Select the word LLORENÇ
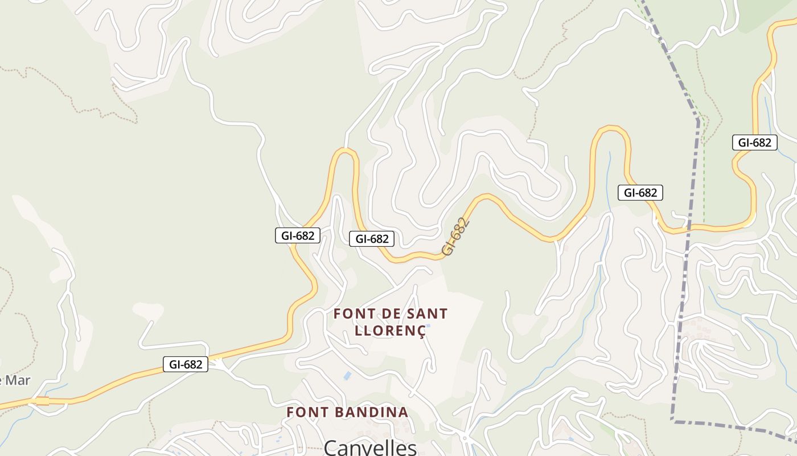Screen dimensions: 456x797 pos(390,331)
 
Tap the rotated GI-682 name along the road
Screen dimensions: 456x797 pos(457,236)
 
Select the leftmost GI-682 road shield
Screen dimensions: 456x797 pos(186,364)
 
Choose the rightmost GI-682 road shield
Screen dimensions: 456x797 pos(754,142)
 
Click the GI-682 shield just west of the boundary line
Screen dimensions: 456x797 pos(640,193)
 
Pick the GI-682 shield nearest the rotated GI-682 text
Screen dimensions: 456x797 pos(372,239)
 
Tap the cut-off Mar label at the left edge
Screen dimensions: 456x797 pos(15,381)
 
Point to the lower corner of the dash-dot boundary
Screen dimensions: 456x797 pos(673,421)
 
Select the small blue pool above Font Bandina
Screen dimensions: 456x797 pos(347,376)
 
